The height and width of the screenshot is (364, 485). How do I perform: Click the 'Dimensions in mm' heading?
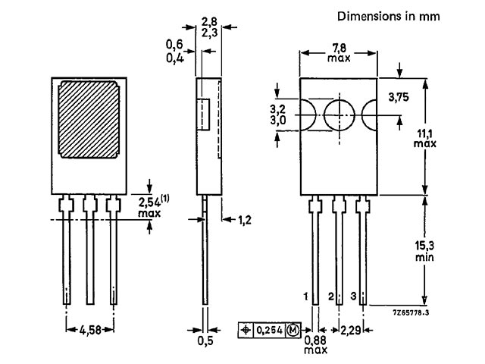pyautogui.click(x=389, y=16)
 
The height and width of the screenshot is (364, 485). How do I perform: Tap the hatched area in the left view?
pyautogui.click(x=89, y=120)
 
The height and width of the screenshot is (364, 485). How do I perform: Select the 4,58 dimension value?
pyautogui.click(x=90, y=330)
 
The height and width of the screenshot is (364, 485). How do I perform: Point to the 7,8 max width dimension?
pyautogui.click(x=339, y=52)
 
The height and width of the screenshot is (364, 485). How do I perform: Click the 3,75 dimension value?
pyautogui.click(x=399, y=97)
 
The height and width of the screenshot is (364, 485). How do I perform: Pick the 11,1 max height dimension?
pyautogui.click(x=425, y=138)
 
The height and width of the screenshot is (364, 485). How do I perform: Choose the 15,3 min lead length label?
pyautogui.click(x=424, y=251)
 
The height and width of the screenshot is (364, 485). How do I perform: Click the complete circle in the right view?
pyautogui.click(x=339, y=115)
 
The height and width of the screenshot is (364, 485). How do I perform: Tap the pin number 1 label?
pyautogui.click(x=305, y=297)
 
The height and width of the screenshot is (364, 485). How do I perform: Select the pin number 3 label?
pyautogui.click(x=354, y=296)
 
